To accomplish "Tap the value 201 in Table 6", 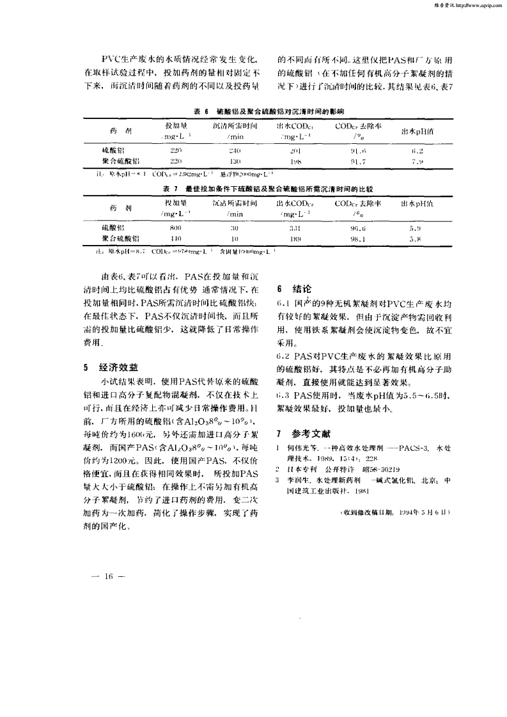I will (x=295, y=150).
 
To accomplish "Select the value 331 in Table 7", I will (x=295, y=228).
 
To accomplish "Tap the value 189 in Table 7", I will (x=295, y=239).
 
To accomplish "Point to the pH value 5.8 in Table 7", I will (x=416, y=239).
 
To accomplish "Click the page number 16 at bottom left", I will (x=108, y=576).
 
